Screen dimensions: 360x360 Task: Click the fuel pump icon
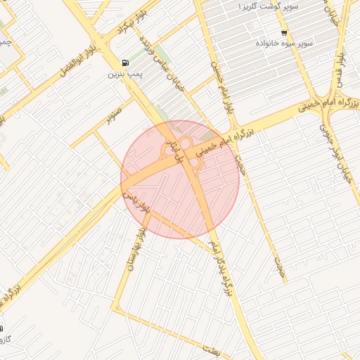[x=125, y=63]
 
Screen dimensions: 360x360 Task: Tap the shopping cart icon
[x=284, y=33]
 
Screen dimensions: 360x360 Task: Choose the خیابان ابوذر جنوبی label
[x=335, y=148]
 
